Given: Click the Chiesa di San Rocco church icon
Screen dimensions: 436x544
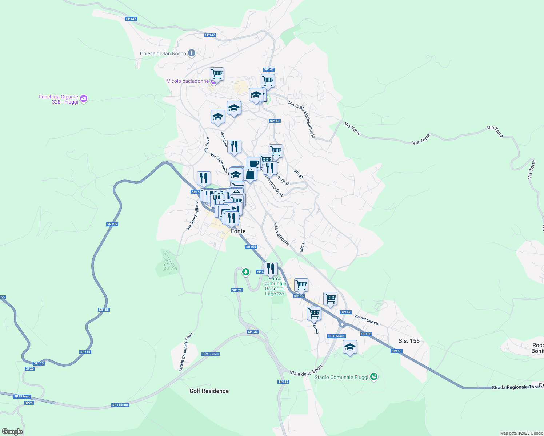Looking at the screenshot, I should tap(192, 53).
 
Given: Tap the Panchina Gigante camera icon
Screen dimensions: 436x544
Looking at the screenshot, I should tap(84, 99).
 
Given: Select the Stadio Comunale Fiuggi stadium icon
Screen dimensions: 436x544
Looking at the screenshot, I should tap(373, 377).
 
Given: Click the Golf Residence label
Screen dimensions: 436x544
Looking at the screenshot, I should tap(209, 391).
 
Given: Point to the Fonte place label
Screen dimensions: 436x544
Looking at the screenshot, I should tap(238, 231).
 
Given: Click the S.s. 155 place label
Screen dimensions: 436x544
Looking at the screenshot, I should tap(409, 341).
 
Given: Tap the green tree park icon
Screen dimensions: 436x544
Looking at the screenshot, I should tap(246, 271).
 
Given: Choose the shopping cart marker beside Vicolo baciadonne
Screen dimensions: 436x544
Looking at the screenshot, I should tap(217, 74).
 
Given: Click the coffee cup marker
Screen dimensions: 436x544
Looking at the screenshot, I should tap(253, 163).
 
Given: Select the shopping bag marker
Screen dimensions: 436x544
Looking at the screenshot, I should tap(250, 174).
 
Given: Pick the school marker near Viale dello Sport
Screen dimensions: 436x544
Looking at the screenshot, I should tap(350, 347).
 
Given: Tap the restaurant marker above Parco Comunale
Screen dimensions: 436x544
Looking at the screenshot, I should tap(270, 269).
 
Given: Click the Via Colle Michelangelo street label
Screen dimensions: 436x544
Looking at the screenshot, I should tap(301, 120).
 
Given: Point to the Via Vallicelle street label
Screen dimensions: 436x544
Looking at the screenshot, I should tap(282, 234).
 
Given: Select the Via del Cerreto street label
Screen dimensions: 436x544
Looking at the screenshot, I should tap(367, 320).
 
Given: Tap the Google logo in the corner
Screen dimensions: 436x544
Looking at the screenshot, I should tap(12, 432).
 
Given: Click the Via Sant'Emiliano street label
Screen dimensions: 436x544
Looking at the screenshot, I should tap(192, 216).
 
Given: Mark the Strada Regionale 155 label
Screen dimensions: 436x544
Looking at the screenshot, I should tap(514, 387).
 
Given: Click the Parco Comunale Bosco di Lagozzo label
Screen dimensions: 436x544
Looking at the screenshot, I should tap(275, 286).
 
